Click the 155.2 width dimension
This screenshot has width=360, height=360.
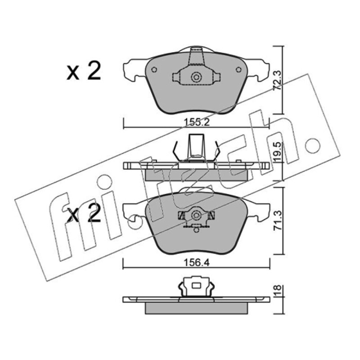tap(197, 122)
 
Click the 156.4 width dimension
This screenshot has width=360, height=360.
tap(197, 263)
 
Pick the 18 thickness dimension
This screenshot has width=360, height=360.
tap(278, 291)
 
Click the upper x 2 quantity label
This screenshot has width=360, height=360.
tap(84, 71)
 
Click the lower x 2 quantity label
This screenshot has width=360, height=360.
tap(84, 213)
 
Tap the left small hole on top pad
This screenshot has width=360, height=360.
tap(154, 69)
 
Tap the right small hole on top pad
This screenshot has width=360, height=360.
tap(239, 69)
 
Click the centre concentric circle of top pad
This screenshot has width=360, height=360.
tap(196, 77)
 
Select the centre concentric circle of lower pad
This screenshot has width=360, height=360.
tap(196, 216)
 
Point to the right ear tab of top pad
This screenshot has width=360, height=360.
tap(258, 70)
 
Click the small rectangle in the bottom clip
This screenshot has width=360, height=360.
tap(196, 286)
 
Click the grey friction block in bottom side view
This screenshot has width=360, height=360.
tap(196, 308)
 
